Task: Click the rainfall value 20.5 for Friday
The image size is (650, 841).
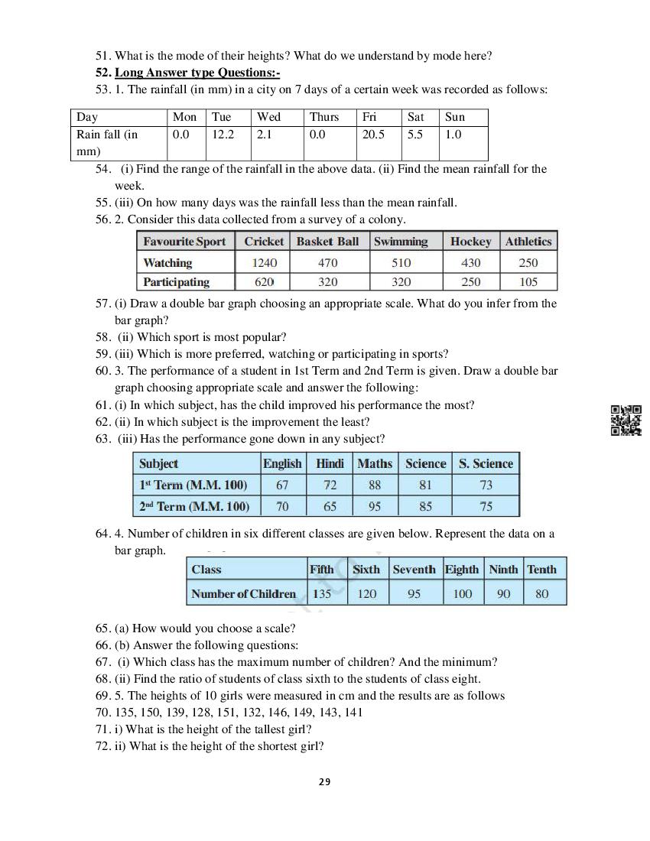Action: coord(373,135)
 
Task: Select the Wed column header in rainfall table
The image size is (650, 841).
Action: coord(268,117)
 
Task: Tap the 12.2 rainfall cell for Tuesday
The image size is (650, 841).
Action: coord(223,135)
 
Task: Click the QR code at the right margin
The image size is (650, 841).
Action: coord(626,420)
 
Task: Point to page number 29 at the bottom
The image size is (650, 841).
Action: coord(324,781)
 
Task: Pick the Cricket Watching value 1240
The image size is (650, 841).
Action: coord(264,262)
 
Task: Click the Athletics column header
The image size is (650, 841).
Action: coord(528,242)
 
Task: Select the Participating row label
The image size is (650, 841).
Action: coord(176,282)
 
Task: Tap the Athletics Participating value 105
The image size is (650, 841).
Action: coord(528,282)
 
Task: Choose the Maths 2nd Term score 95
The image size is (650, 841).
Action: coord(375,506)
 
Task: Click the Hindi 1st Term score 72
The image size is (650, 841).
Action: coord(330,485)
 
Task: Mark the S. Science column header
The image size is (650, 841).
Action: coord(486,463)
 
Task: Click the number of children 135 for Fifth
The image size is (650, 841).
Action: coord(322,593)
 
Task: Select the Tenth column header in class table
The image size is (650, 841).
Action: coord(541,570)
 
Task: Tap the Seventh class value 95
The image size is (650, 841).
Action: coord(414,593)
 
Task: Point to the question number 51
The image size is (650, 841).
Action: coord(102,56)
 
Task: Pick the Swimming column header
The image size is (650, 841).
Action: coord(400,242)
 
